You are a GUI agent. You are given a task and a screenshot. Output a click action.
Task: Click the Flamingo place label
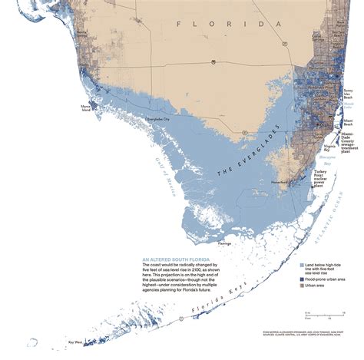224,243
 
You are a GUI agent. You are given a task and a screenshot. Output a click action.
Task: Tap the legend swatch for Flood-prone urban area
301,280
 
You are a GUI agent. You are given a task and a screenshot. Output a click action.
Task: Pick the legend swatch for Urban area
301,288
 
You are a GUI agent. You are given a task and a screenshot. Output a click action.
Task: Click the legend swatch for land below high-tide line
301,264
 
